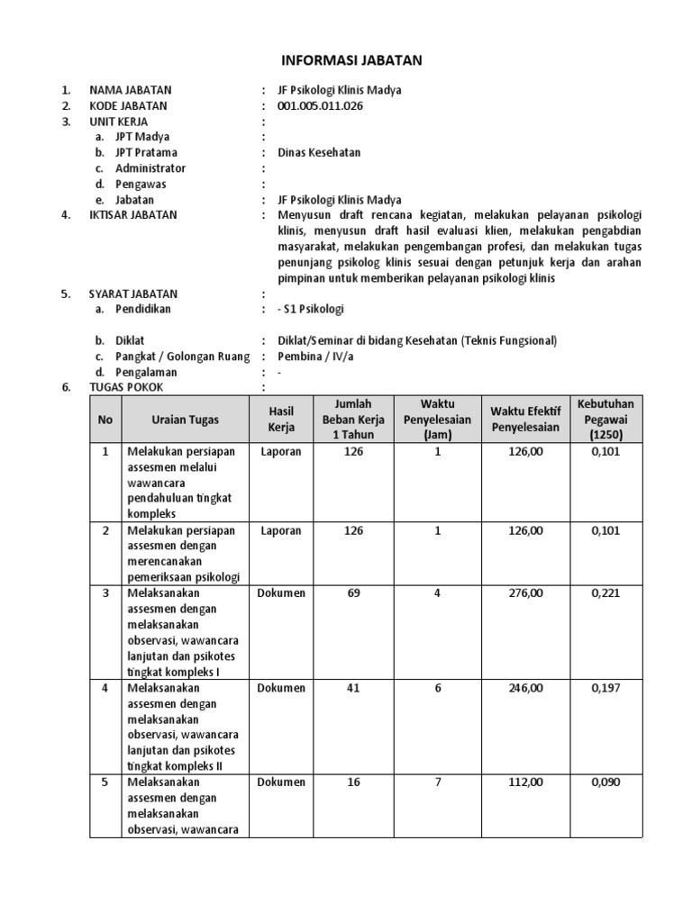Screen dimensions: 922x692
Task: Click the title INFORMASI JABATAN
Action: click(x=347, y=60)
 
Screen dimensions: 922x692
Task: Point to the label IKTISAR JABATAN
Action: click(x=132, y=215)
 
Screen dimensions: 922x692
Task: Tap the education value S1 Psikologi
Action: click(x=310, y=309)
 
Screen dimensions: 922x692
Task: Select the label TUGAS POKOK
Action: click(x=127, y=387)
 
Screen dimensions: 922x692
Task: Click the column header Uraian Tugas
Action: click(x=185, y=419)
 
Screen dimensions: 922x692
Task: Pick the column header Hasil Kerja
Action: click(x=281, y=419)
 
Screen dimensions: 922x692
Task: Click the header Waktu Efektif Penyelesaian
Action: click(x=525, y=419)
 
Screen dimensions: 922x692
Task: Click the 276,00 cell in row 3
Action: click(x=525, y=593)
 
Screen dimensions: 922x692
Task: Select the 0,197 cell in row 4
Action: click(x=605, y=688)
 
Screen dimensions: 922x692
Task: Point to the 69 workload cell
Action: click(x=353, y=593)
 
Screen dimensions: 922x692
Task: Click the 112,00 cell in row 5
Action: click(x=525, y=782)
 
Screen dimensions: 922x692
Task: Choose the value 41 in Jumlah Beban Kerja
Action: click(x=353, y=688)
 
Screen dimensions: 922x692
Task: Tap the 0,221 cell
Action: click(x=605, y=593)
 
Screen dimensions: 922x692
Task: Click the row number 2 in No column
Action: click(x=105, y=530)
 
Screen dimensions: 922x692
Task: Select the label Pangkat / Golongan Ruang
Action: click(x=181, y=356)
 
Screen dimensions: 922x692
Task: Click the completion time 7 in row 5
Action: click(x=438, y=782)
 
